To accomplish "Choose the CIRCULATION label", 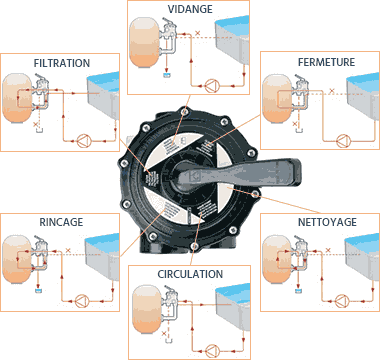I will [x=190, y=272].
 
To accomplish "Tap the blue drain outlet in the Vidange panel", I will [x=167, y=76].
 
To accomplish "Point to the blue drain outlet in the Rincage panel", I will [x=38, y=290].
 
